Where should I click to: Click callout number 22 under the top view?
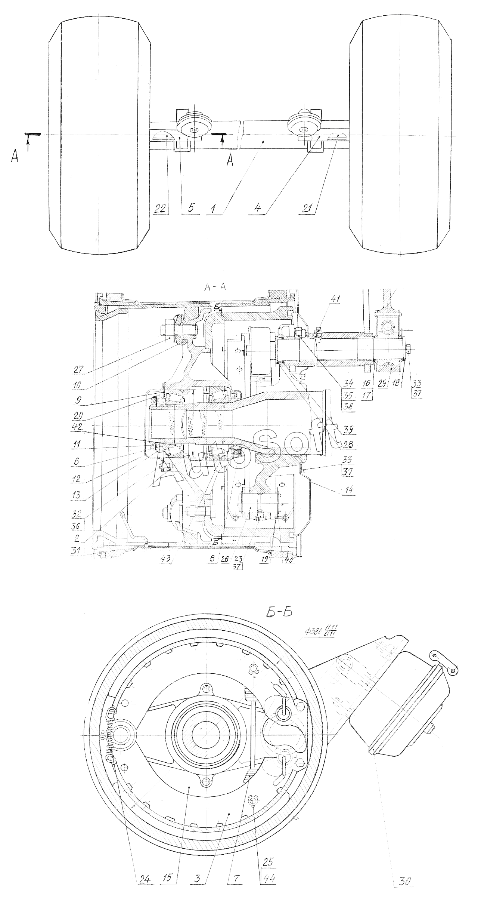(x=159, y=209)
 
